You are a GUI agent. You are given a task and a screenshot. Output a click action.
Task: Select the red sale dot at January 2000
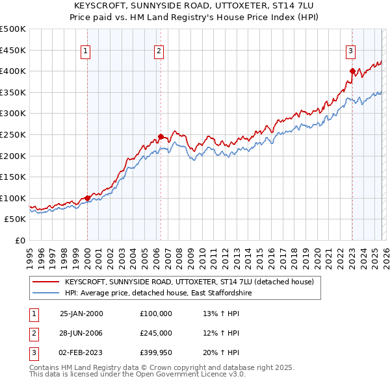(87, 198)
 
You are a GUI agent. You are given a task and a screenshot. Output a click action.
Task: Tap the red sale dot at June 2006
(161, 137)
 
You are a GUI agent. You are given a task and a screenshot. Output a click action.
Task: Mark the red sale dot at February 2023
(352, 71)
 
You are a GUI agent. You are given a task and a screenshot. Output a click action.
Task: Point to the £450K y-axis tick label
(13, 50)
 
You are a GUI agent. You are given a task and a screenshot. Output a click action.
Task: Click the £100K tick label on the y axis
(13, 198)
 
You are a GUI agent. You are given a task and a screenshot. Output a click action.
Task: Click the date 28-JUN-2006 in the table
(81, 333)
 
